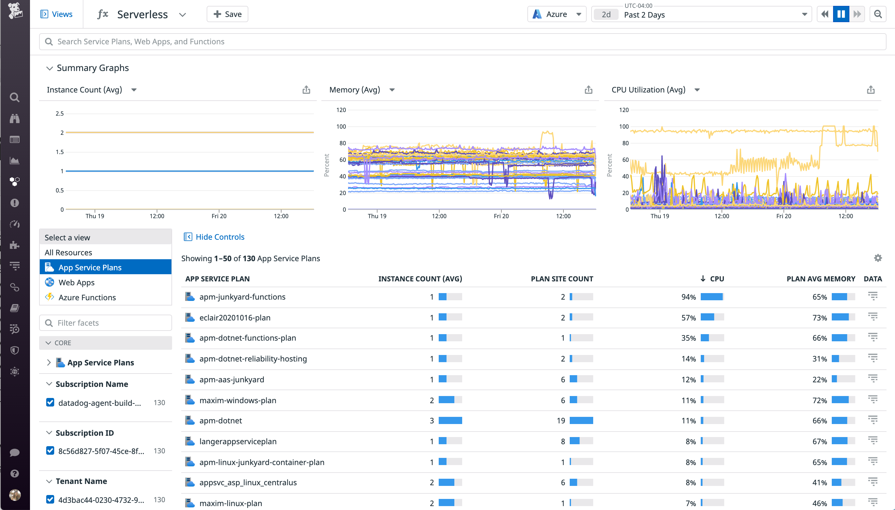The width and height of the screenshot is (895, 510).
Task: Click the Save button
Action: point(227,14)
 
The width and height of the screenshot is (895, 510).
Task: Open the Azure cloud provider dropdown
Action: point(556,14)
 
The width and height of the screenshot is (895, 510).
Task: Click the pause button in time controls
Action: point(841,14)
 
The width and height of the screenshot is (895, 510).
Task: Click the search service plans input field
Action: point(463,42)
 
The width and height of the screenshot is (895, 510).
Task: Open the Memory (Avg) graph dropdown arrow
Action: point(392,90)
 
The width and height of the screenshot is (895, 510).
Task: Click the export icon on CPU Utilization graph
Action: point(871,90)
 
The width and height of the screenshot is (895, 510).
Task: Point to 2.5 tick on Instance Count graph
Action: point(60,113)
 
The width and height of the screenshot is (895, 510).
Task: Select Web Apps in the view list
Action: point(76,282)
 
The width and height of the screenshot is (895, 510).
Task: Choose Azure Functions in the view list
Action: point(87,297)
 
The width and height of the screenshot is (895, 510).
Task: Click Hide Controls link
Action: point(219,237)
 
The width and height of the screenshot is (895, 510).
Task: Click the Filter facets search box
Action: point(106,323)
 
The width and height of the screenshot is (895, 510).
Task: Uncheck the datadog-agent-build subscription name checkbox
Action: point(50,403)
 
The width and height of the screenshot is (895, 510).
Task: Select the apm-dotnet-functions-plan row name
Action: point(247,338)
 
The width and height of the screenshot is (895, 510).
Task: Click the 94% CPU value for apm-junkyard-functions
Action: point(688,297)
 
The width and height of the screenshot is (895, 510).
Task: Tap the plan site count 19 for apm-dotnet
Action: point(561,421)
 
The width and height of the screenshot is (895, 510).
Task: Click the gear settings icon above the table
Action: point(877,258)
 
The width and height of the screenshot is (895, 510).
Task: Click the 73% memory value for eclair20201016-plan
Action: point(819,318)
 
